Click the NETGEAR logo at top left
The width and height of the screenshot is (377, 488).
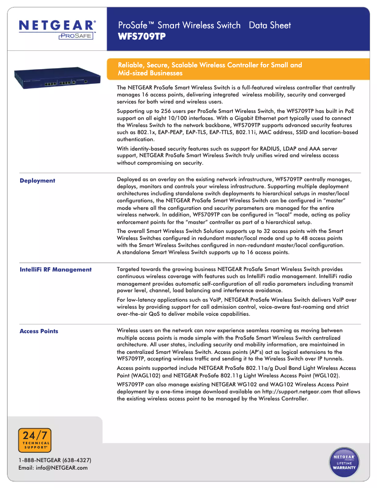(57, 25)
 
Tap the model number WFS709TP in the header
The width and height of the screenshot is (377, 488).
(141, 36)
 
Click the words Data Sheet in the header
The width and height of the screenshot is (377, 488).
(270, 25)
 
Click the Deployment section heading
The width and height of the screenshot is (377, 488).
(37, 181)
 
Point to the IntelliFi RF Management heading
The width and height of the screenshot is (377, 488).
(55, 270)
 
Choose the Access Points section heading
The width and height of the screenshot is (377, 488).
(39, 331)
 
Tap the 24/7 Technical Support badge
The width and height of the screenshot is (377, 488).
(34, 440)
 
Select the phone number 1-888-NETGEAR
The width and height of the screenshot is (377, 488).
(55, 460)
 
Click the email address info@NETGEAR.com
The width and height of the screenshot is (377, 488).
(53, 468)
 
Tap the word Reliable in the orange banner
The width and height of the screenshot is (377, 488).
(130, 65)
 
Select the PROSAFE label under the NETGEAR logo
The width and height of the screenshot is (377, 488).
(76, 36)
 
